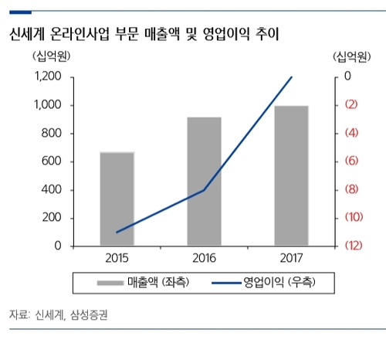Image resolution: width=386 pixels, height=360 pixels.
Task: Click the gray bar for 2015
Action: pyautogui.click(x=117, y=199)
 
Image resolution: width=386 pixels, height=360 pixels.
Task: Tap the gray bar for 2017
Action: pyautogui.click(x=290, y=175)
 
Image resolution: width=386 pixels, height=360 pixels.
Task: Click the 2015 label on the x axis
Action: pyautogui.click(x=117, y=258)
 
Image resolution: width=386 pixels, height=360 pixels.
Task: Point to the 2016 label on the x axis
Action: pyautogui.click(x=204, y=258)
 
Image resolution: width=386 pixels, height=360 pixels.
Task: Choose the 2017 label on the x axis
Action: pyautogui.click(x=290, y=258)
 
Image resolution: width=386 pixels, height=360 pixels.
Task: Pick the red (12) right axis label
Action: pyautogui.click(x=350, y=246)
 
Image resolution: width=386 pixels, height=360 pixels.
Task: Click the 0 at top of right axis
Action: pyautogui.click(x=347, y=77)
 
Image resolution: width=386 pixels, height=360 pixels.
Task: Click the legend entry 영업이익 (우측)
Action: pyautogui.click(x=265, y=283)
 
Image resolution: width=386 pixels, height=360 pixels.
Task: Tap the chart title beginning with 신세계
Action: pyautogui.click(x=143, y=35)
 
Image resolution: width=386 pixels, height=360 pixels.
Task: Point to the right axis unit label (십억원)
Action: pyautogui.click(x=352, y=57)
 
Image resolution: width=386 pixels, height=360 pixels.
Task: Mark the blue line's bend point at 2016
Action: pyautogui.click(x=204, y=190)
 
